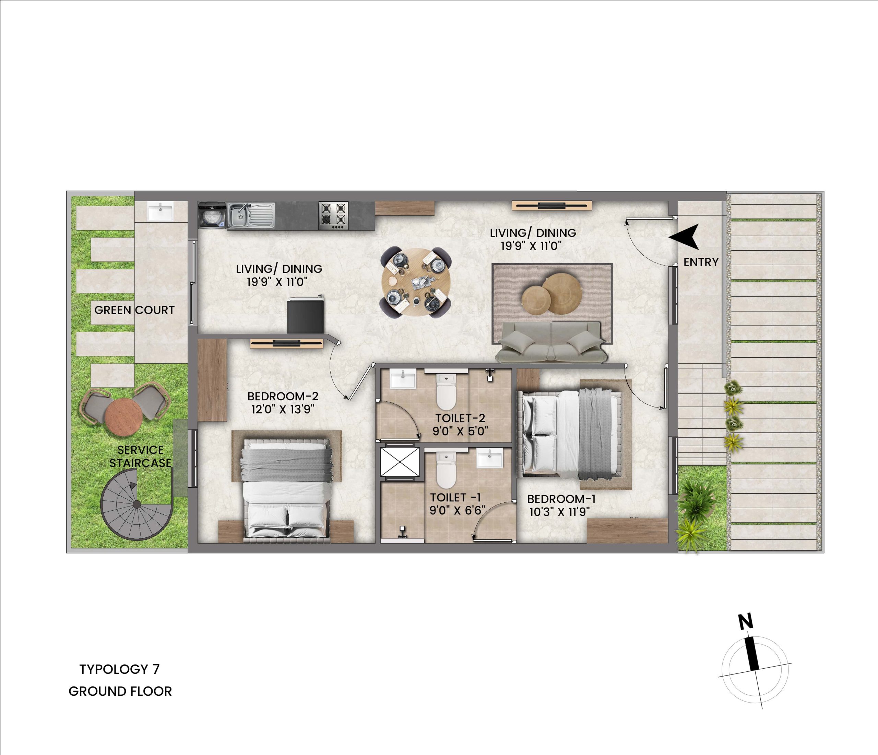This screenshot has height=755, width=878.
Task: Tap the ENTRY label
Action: click(701, 262)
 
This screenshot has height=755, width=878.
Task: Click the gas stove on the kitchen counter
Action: click(333, 216)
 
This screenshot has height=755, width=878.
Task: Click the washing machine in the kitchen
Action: click(212, 216)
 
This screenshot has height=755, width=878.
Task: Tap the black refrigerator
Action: click(305, 315)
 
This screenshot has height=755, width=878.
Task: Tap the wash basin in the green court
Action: click(160, 211)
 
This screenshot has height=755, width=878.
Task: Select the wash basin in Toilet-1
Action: click(490, 459)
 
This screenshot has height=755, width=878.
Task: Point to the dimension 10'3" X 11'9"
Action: click(559, 512)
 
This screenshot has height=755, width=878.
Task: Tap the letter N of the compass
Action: click(746, 621)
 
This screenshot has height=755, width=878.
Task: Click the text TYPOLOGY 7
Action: click(119, 669)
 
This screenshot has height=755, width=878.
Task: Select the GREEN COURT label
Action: click(134, 310)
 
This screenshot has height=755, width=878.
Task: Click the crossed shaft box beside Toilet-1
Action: click(400, 462)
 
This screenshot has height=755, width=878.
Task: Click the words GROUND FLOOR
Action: click(120, 692)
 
